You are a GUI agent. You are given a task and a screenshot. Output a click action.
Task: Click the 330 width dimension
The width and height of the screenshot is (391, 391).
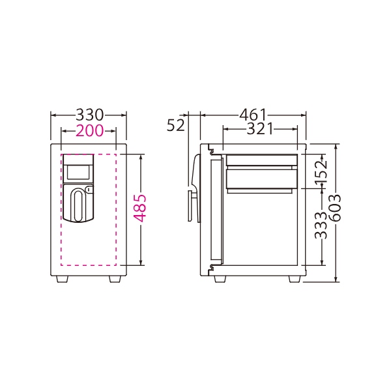[x=89, y=115]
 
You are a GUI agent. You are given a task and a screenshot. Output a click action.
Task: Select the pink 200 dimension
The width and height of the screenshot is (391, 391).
[x=89, y=130]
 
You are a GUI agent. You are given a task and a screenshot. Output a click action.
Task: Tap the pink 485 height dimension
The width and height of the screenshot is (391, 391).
[x=139, y=209]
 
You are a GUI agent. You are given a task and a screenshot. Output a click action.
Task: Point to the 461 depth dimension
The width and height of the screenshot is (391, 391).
[x=253, y=115]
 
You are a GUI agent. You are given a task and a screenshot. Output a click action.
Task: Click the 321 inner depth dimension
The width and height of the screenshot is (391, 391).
[x=260, y=129]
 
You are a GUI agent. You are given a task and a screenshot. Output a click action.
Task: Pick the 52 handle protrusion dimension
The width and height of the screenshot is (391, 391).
[x=176, y=125]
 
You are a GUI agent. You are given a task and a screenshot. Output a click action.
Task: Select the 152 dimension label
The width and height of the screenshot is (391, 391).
[x=321, y=172]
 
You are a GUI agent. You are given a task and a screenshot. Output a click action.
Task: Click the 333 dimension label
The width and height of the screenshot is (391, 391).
[x=321, y=225]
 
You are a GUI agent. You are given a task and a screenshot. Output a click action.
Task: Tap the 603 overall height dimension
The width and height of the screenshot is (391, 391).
[x=334, y=209]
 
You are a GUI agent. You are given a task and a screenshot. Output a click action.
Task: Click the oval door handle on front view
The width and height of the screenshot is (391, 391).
[x=78, y=205]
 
